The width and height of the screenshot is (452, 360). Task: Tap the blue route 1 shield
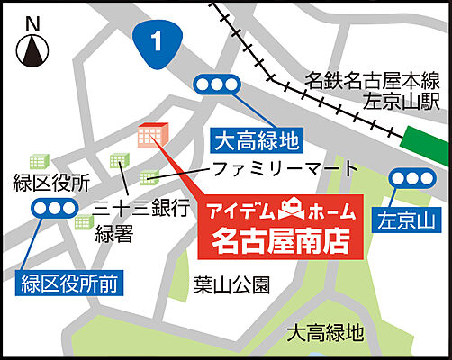[158, 40]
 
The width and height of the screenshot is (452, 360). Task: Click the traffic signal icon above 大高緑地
[216, 85]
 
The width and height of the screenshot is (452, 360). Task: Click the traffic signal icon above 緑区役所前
[53, 209]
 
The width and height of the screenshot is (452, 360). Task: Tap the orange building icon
[149, 136]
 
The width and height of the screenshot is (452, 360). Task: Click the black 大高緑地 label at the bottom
[325, 335]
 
